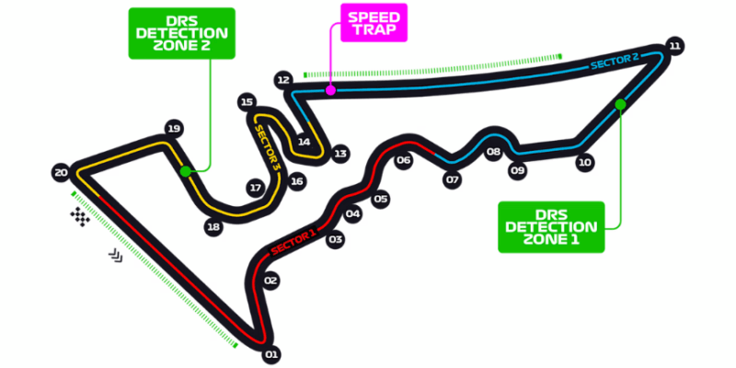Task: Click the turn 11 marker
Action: click(x=675, y=46)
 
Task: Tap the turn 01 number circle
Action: click(x=270, y=353)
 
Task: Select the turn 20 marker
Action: click(x=62, y=172)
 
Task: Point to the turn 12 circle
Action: click(x=283, y=80)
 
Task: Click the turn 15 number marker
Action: click(x=246, y=102)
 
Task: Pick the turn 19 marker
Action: click(x=171, y=130)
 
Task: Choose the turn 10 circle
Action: click(x=584, y=163)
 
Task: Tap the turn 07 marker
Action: click(x=452, y=180)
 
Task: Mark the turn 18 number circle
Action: click(x=214, y=226)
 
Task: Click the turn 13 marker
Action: click(x=340, y=154)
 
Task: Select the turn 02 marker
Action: click(x=270, y=281)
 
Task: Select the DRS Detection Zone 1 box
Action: click(x=551, y=226)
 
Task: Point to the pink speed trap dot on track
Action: click(x=330, y=90)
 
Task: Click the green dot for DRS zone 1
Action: click(x=621, y=104)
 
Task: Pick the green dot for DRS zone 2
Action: click(x=186, y=171)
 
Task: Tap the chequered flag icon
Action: click(x=82, y=217)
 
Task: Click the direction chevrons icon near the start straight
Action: click(x=117, y=255)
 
